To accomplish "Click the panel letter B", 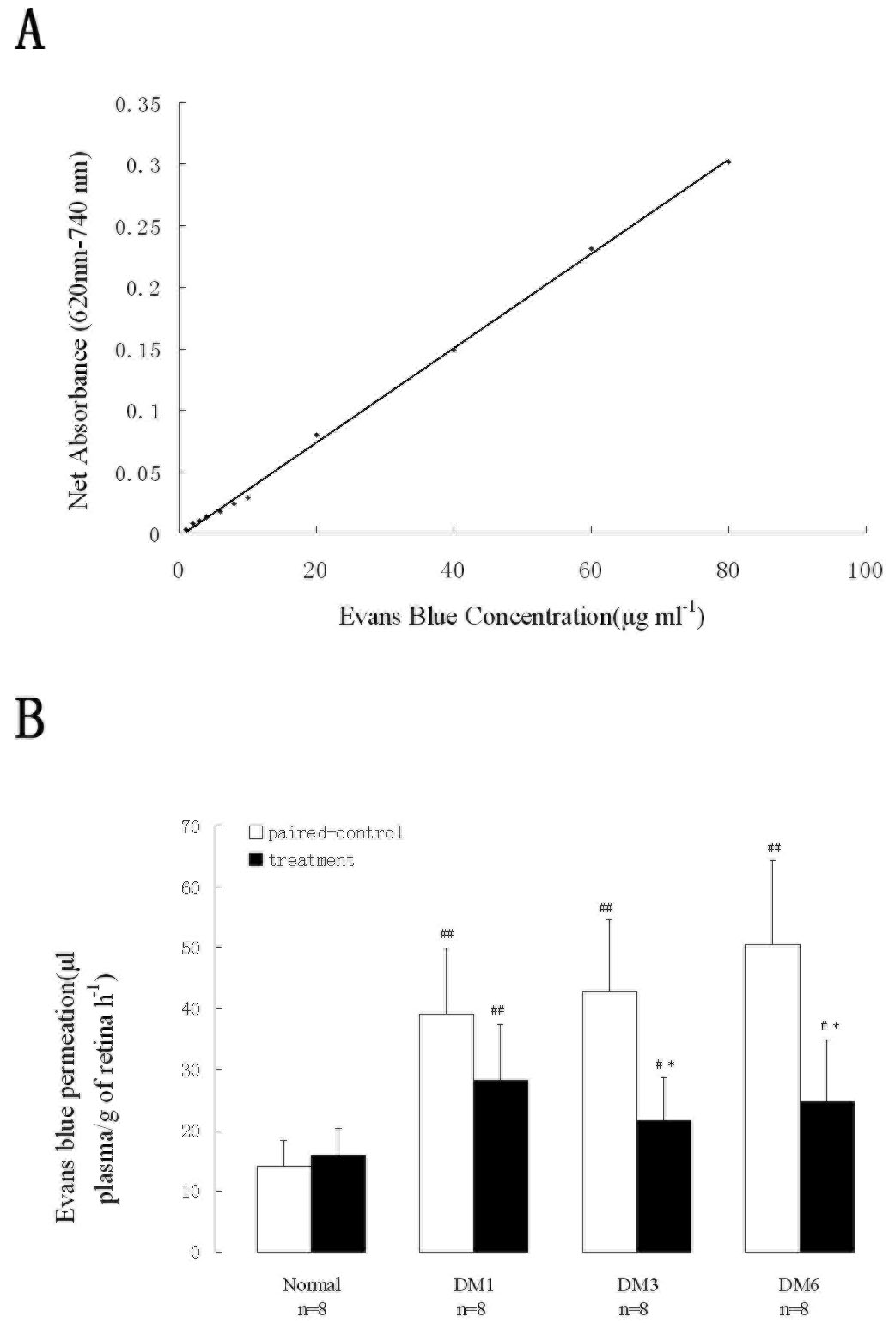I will (x=29, y=718).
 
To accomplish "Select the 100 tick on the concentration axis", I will (x=864, y=570).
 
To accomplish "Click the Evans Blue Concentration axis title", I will (x=521, y=617).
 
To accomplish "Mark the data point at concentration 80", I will (x=728, y=162).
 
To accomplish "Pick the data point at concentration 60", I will (x=591, y=249).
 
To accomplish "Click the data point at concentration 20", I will (x=316, y=435).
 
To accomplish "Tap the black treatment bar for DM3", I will (x=664, y=1186).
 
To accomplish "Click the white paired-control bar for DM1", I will (x=447, y=1132).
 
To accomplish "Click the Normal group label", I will (x=312, y=1285).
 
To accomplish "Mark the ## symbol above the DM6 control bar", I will (x=773, y=849).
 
